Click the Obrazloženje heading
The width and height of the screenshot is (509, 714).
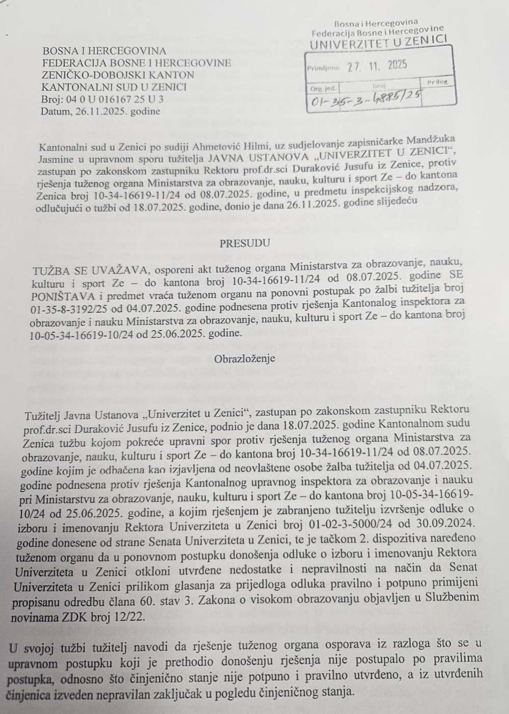point(244,358)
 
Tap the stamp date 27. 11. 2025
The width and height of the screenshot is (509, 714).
point(378,66)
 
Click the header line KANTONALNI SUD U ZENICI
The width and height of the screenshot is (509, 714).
point(114,87)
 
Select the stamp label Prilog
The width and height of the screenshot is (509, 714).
point(436,81)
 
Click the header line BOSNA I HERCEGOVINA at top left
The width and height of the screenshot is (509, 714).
point(104,50)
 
